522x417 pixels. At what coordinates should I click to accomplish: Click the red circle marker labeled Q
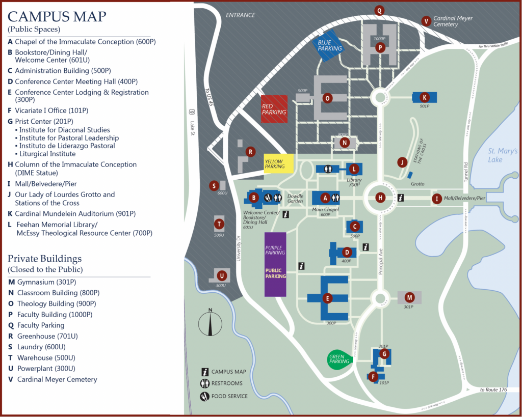(x=379, y=10)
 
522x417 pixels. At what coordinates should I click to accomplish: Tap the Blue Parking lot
(x=328, y=45)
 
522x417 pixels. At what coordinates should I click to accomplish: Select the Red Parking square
(x=274, y=109)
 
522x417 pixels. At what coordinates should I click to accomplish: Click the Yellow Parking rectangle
(x=278, y=163)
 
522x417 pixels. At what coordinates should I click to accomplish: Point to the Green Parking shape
(x=338, y=359)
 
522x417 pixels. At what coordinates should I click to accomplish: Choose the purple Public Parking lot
(x=275, y=264)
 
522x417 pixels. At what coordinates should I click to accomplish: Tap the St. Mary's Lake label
(x=502, y=155)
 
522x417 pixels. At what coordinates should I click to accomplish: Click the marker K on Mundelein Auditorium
(x=424, y=97)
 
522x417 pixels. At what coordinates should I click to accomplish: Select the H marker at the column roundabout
(x=380, y=198)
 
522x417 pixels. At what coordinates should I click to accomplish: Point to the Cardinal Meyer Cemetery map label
(x=453, y=21)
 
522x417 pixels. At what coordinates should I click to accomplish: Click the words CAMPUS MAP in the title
(x=57, y=17)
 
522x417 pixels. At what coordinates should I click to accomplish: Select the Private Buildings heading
(x=44, y=258)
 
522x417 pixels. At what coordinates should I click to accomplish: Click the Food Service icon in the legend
(x=204, y=396)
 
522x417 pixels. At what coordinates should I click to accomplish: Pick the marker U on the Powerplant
(x=221, y=275)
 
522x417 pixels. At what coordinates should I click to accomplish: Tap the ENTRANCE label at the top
(x=240, y=15)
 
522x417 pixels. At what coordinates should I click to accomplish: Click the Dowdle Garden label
(x=295, y=199)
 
